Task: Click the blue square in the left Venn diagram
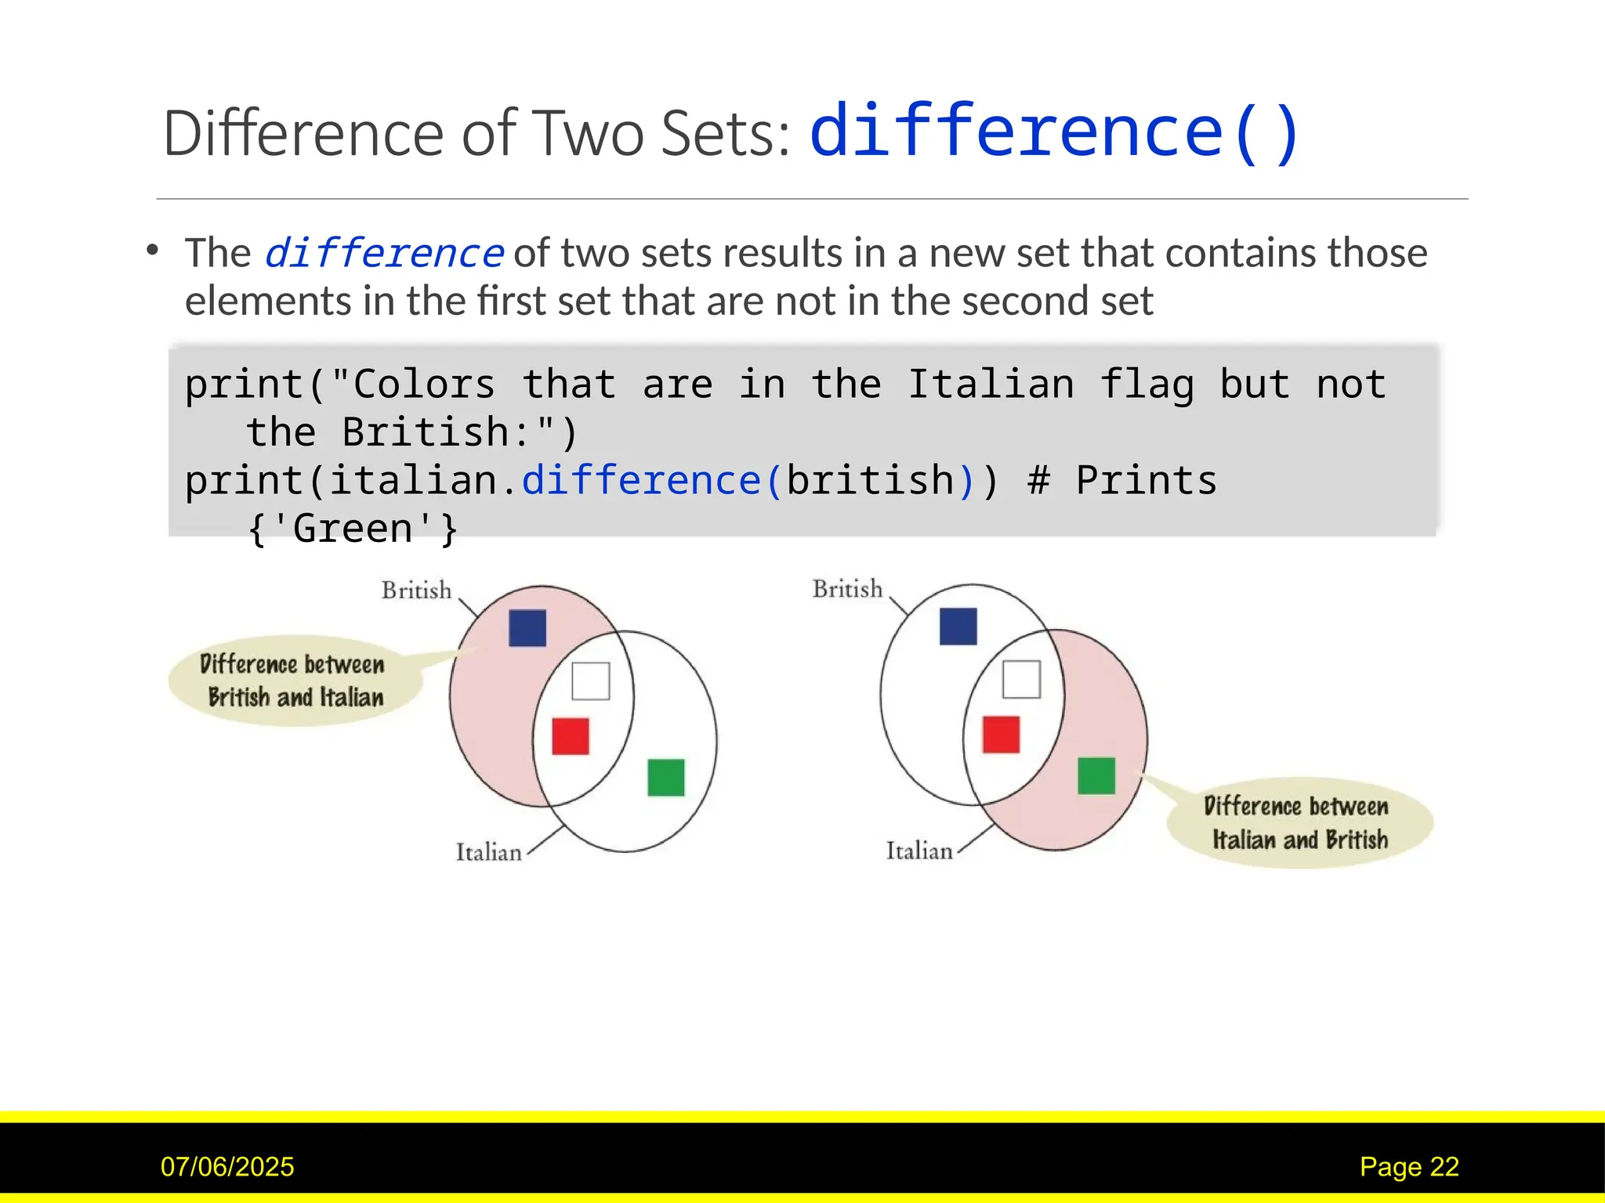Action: tap(527, 628)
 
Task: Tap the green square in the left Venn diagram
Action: tap(666, 777)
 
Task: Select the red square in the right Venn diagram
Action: tap(1001, 735)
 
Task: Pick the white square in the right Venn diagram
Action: tap(1022, 679)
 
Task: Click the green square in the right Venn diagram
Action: tap(1096, 775)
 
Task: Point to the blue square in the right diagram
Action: tap(958, 627)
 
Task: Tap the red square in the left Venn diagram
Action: tap(571, 736)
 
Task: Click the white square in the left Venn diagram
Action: tap(591, 681)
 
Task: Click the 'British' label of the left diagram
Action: tap(417, 590)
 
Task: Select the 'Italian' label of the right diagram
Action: tap(919, 851)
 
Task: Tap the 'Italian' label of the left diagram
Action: tap(489, 852)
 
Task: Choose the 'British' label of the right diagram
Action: tap(847, 588)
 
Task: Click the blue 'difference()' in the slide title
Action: tap(1055, 132)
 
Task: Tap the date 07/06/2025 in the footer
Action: tap(227, 1166)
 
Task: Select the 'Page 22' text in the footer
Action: tap(1409, 1166)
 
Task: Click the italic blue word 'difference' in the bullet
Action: tap(383, 253)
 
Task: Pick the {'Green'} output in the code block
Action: tap(353, 529)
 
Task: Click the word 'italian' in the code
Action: tap(412, 480)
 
